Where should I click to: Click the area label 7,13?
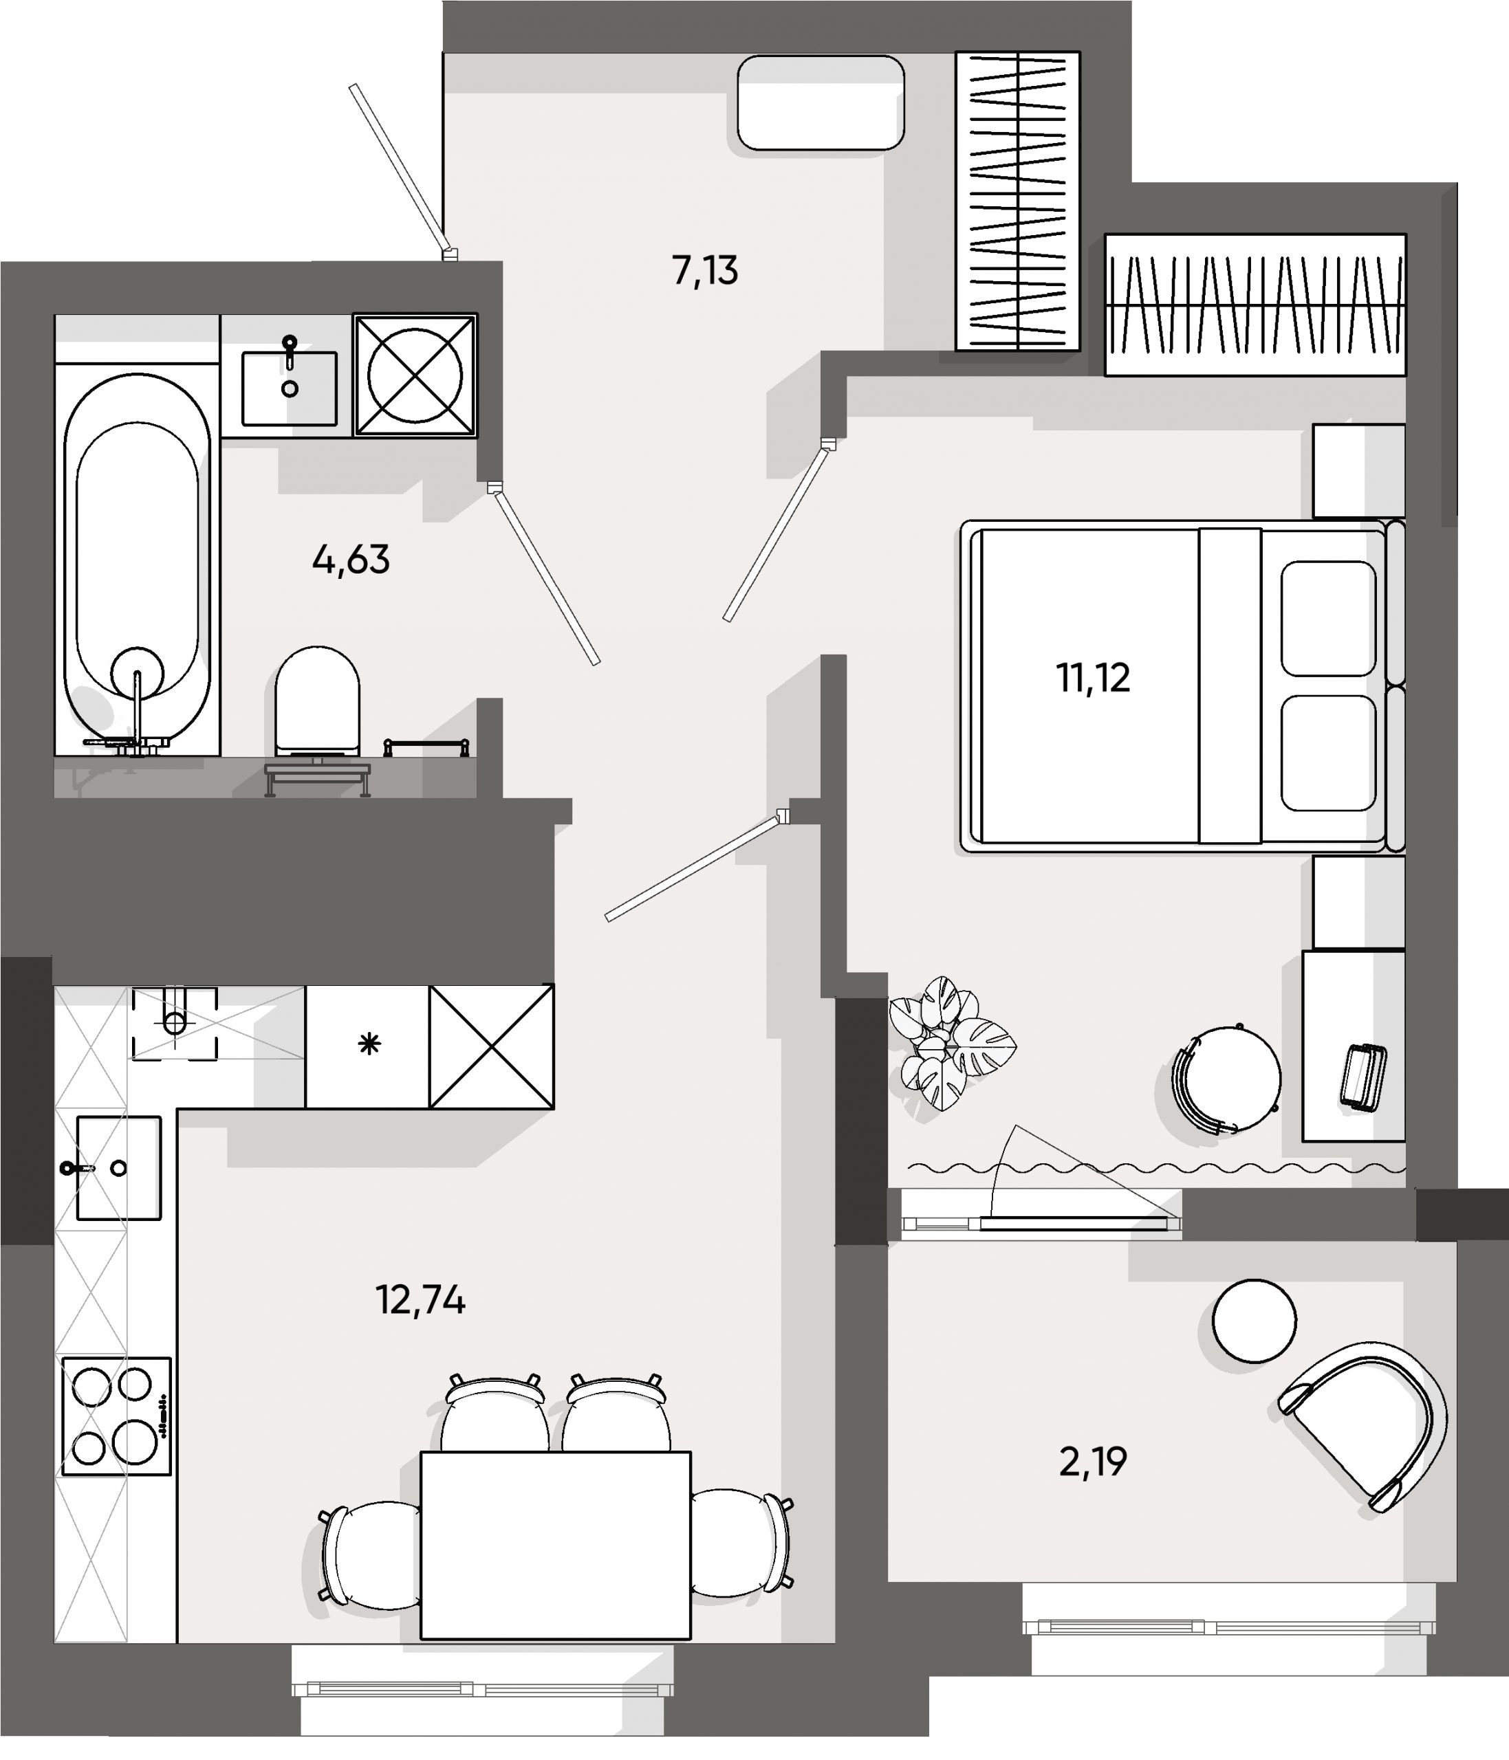(704, 271)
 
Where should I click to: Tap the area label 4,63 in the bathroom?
(351, 560)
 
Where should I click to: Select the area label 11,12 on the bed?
(1093, 679)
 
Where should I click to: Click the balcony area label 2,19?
(1093, 1462)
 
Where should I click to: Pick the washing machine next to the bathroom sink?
(415, 375)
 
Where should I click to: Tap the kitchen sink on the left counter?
(118, 1168)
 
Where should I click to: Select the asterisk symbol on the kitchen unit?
(369, 1044)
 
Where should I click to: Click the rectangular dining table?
(556, 1544)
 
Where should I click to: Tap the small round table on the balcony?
(1254, 1321)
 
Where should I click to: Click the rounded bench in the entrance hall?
(820, 102)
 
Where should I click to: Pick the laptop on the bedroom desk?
(1363, 1077)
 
